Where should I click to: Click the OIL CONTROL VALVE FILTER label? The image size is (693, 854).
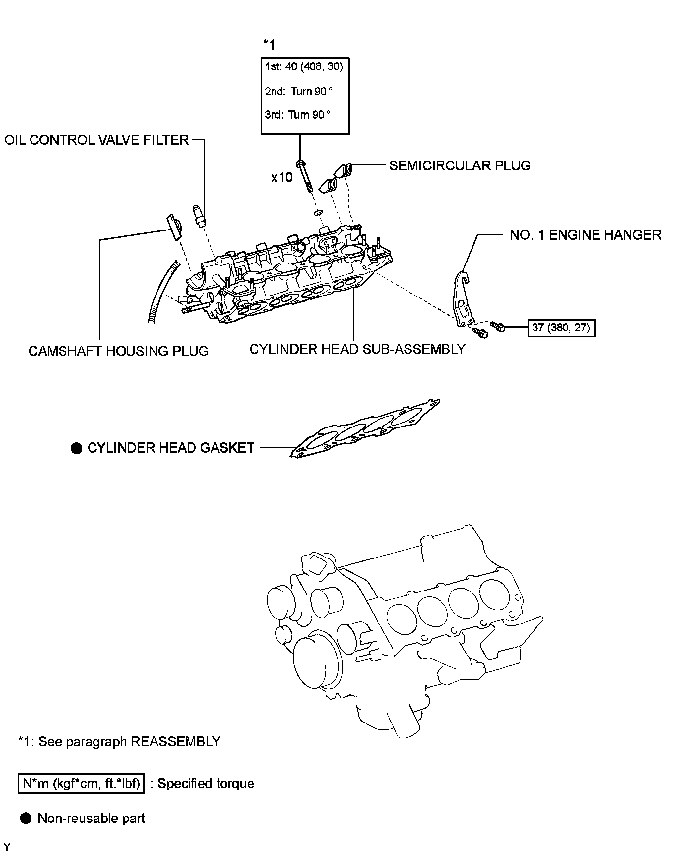click(96, 140)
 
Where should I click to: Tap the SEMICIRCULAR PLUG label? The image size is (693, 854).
click(460, 165)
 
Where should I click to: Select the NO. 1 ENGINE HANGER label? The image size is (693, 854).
click(585, 235)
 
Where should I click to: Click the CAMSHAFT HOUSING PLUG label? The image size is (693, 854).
click(119, 351)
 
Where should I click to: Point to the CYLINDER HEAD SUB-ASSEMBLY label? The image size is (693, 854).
click(357, 349)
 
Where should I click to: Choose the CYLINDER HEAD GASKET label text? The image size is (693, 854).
click(171, 448)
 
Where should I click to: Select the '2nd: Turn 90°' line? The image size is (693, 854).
click(299, 91)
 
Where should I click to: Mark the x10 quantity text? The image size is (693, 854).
click(282, 177)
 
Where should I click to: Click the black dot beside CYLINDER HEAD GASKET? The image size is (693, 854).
click(76, 448)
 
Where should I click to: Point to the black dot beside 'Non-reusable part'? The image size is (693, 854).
click(25, 819)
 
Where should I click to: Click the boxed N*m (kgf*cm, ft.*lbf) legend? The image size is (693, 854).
click(82, 784)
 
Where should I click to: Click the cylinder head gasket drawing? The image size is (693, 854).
click(364, 427)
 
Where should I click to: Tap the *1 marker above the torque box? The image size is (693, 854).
click(269, 45)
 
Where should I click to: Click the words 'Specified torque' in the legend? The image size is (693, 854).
click(206, 784)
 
